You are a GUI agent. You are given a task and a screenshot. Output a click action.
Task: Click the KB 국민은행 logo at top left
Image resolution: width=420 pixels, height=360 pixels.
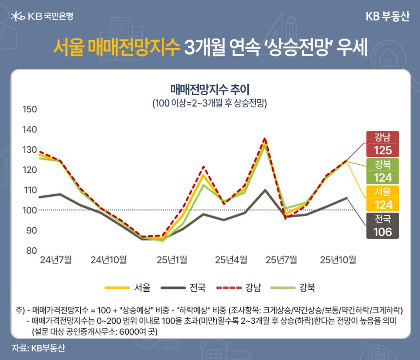pyautogui.click(x=42, y=17)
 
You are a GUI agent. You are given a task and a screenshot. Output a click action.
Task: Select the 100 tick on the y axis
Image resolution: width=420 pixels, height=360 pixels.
pyautogui.click(x=30, y=210)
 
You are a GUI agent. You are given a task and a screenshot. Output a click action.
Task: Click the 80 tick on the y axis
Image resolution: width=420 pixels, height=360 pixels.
pyautogui.click(x=30, y=250)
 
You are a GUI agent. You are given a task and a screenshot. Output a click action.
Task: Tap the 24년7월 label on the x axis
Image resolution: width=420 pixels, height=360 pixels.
pyautogui.click(x=56, y=260)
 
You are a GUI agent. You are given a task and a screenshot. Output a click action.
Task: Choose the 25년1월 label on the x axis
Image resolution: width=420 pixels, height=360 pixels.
pyautogui.click(x=172, y=260)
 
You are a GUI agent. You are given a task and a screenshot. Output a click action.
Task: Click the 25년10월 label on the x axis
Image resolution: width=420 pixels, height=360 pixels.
pyautogui.click(x=338, y=260)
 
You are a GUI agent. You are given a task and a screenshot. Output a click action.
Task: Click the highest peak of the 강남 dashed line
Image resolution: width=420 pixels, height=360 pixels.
pyautogui.click(x=265, y=139)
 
